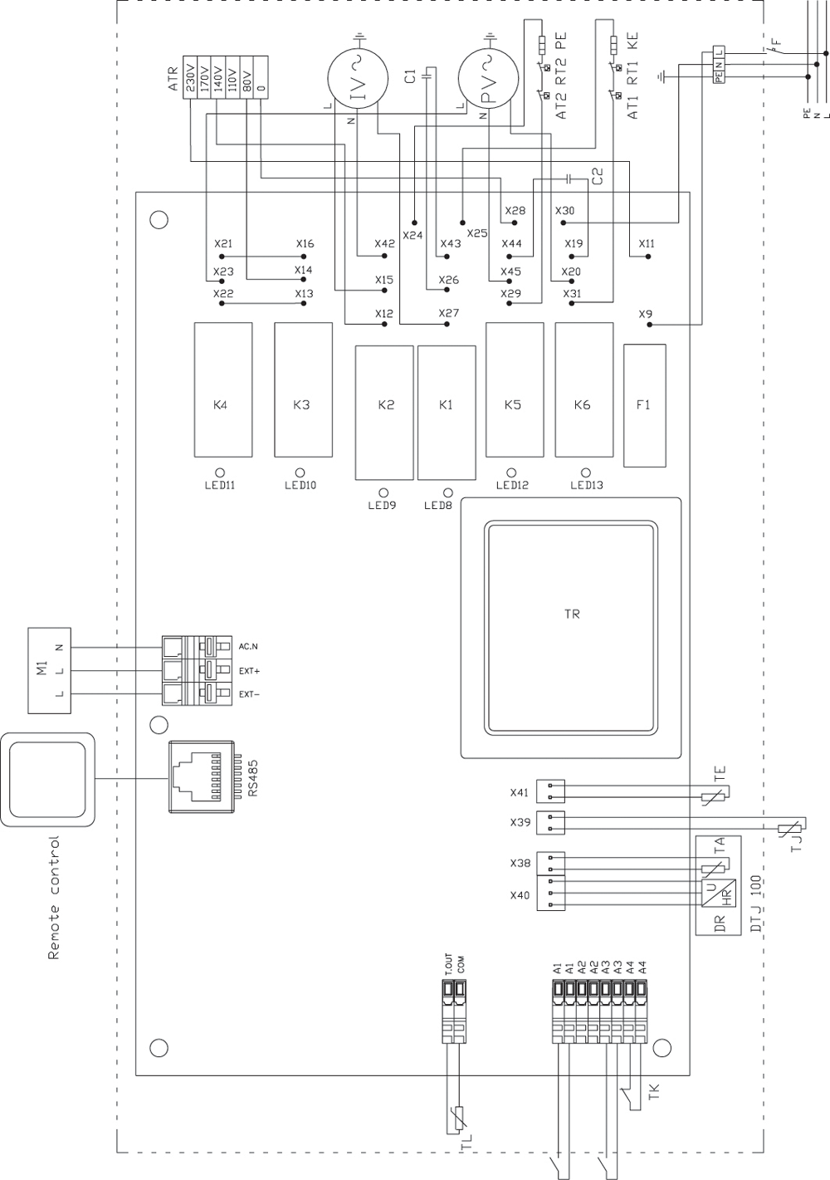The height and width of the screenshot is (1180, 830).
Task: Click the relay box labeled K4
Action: (222, 389)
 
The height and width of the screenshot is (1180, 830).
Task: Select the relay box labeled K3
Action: (303, 389)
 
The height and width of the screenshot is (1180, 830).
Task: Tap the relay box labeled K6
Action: (583, 389)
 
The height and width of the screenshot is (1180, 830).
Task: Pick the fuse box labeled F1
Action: (644, 405)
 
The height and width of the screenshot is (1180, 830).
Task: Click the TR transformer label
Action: (572, 614)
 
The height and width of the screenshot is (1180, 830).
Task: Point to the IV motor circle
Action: (355, 80)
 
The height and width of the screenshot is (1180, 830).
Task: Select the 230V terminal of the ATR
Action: (191, 76)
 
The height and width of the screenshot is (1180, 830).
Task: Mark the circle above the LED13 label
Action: (586, 471)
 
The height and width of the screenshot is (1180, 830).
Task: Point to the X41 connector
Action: (550, 792)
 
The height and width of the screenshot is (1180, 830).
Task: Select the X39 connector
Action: (550, 822)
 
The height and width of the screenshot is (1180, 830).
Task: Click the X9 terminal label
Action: (646, 314)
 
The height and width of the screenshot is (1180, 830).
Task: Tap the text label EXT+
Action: (250, 669)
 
